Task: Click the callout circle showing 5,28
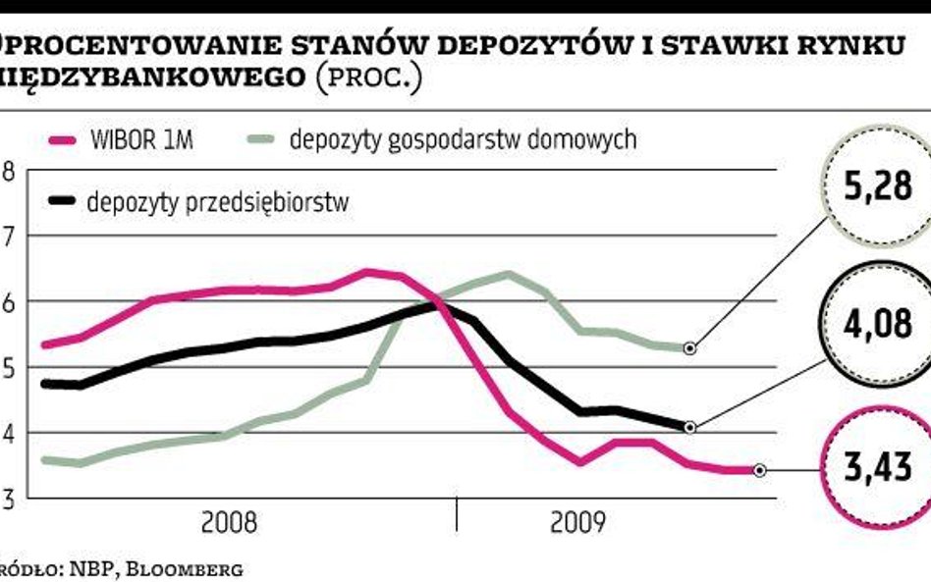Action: tap(878, 186)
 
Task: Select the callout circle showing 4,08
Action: tap(877, 323)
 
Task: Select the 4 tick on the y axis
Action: tap(8, 434)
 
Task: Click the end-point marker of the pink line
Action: tap(759, 470)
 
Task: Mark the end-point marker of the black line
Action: tap(690, 427)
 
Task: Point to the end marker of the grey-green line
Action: tap(690, 347)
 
